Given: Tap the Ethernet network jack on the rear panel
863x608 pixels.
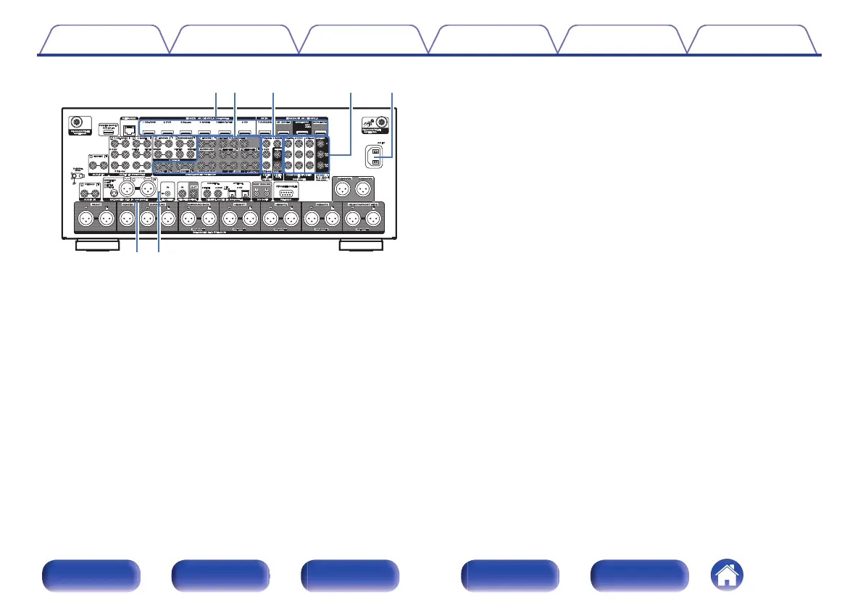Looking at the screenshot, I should tap(129, 130).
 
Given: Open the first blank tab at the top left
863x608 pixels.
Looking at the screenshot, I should tap(102, 41).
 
